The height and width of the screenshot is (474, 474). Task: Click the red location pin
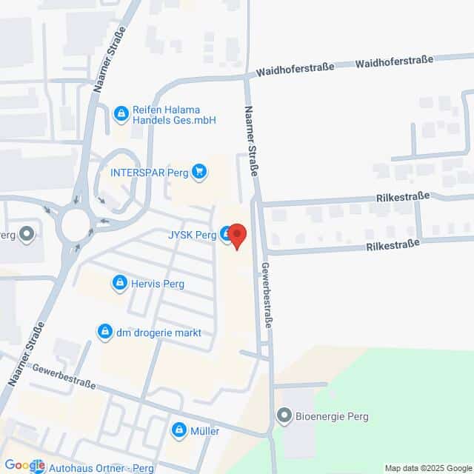(x=237, y=236)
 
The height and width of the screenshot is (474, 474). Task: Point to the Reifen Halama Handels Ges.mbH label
(x=173, y=114)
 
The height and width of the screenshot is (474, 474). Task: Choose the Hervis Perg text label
(x=158, y=283)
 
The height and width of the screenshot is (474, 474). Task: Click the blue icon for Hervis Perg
(x=119, y=283)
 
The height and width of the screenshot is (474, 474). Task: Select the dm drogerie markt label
(x=158, y=333)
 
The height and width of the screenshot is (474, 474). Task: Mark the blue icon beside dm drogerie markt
(x=105, y=331)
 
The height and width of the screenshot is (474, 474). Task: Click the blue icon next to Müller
(x=179, y=430)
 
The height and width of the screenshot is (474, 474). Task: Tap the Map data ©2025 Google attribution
(x=427, y=468)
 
